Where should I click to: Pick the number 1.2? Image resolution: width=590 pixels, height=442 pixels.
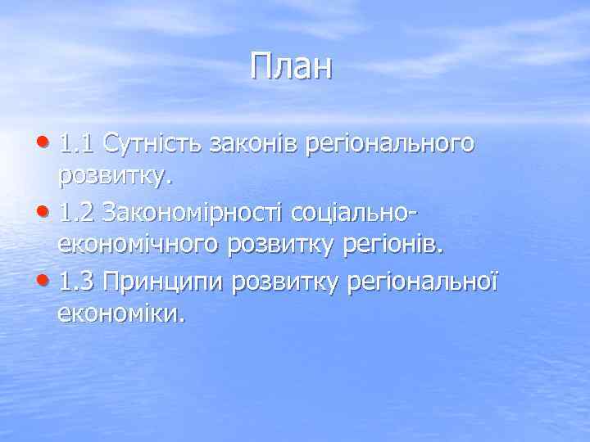click(x=79, y=214)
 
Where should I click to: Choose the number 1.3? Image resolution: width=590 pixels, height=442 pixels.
click(x=79, y=283)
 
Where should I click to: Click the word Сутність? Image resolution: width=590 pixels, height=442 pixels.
click(x=154, y=144)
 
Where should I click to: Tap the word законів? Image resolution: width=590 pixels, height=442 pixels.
click(x=254, y=144)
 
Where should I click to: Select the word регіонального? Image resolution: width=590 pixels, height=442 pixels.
click(x=389, y=146)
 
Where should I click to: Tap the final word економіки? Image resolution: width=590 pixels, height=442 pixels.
click(x=122, y=314)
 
